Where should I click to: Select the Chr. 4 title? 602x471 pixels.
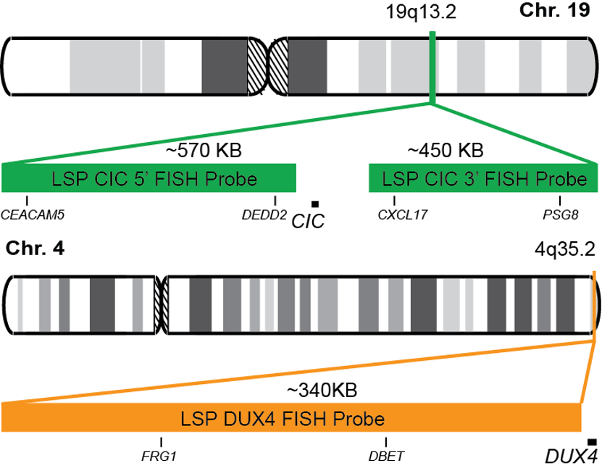pos(35,249)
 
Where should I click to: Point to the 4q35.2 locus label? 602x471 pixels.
pos(565,249)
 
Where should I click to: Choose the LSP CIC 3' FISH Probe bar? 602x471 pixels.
pos(484,178)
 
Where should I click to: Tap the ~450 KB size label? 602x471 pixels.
pos(446,151)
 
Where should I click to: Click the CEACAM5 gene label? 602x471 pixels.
pos(28,214)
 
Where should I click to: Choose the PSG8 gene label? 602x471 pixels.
pos(559,214)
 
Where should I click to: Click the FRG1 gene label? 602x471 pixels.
pos(160,456)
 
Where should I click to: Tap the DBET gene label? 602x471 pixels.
pos(386,456)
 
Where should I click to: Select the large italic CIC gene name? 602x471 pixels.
pos(307,220)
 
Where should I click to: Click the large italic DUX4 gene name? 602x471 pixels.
pos(572,456)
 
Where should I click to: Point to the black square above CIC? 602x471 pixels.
pos(314,204)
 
